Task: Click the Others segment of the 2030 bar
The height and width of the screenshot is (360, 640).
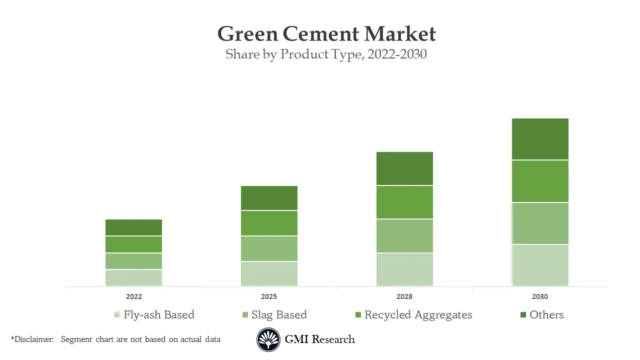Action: click(x=540, y=139)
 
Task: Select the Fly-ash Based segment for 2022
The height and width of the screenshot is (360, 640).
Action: click(x=133, y=277)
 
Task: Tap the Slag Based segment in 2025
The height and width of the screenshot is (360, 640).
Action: click(x=269, y=248)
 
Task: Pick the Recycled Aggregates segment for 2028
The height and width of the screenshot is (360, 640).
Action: click(x=404, y=202)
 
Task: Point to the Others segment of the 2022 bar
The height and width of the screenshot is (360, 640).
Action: click(x=133, y=227)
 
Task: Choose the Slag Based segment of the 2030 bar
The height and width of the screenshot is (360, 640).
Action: click(x=540, y=223)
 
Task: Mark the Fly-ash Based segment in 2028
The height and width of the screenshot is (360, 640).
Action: click(x=404, y=269)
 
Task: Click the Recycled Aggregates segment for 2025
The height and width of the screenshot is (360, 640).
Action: click(x=269, y=223)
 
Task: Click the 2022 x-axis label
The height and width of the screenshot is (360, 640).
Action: click(x=133, y=296)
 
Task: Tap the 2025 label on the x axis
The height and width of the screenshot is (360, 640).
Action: click(x=269, y=296)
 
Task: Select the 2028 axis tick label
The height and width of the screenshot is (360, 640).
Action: click(x=404, y=296)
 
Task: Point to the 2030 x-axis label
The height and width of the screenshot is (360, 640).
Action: click(x=540, y=296)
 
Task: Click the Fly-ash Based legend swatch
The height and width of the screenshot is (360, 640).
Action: click(x=117, y=314)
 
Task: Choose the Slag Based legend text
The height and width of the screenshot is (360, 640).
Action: click(x=279, y=314)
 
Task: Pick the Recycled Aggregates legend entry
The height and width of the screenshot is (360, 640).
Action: click(x=418, y=314)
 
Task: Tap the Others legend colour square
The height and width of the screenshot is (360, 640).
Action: click(x=523, y=314)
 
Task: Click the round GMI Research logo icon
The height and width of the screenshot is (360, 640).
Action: click(x=268, y=340)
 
